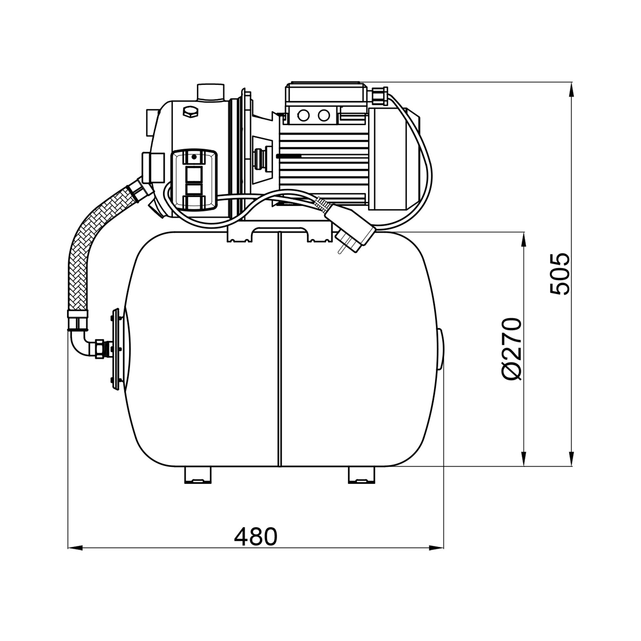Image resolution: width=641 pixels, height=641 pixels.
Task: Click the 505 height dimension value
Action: coord(559,274)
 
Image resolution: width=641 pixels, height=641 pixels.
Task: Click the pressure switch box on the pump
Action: coord(194,180)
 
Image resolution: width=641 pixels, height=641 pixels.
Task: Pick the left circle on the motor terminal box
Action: coord(303,115)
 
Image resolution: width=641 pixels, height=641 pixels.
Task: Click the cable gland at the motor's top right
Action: coord(380,95)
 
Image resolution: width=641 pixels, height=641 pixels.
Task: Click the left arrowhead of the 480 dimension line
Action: coord(75,548)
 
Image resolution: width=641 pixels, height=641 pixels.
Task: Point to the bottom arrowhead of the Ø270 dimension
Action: coord(524,459)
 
